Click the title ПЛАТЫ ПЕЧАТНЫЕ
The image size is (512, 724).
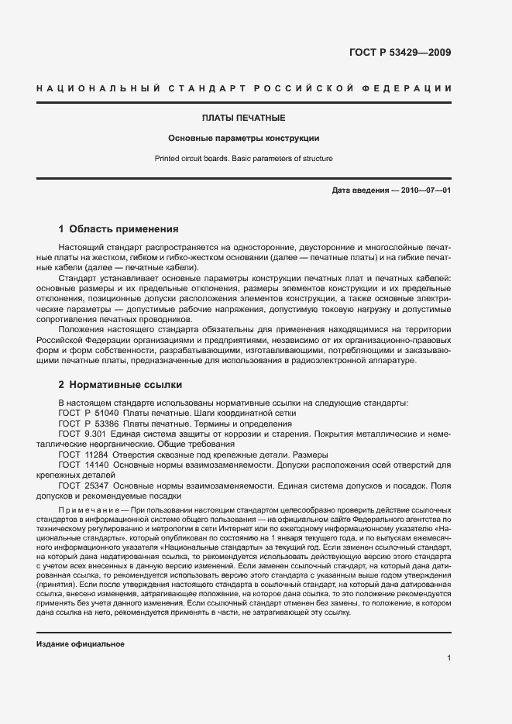coord(244,118)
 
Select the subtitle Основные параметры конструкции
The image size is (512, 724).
coord(244,139)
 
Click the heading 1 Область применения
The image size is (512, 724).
coord(119,229)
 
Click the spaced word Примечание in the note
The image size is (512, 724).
coord(86,510)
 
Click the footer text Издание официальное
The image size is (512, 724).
coord(81,644)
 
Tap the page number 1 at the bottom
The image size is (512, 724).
coord(449,658)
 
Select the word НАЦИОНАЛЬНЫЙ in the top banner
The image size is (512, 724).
coord(98,89)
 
